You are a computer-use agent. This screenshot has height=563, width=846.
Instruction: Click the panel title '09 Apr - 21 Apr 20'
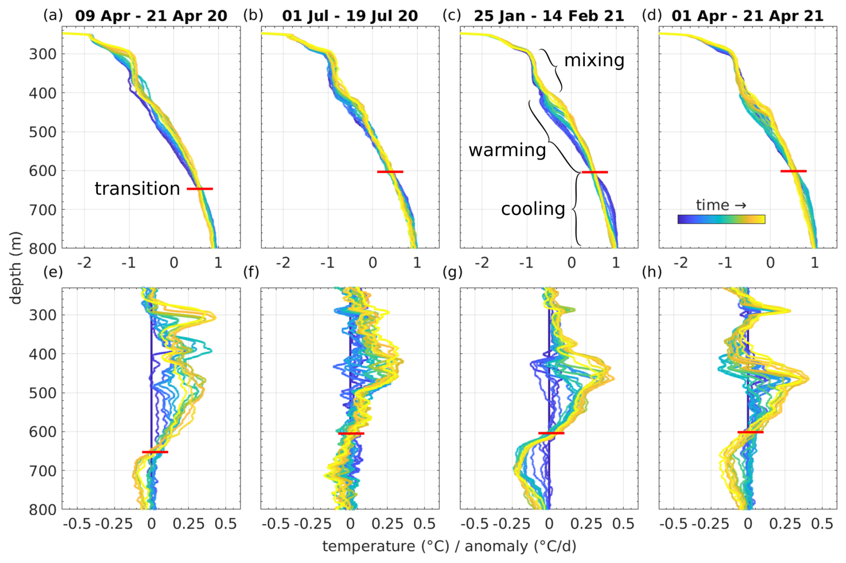pyautogui.click(x=151, y=16)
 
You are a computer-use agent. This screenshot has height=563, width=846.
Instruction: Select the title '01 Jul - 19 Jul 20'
pyautogui.click(x=350, y=16)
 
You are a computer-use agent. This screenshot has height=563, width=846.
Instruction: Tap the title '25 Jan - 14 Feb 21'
pyautogui.click(x=549, y=16)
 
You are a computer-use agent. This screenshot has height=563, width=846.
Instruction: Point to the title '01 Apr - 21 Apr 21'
pyautogui.click(x=747, y=16)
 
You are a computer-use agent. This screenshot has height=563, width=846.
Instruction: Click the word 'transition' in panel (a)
pyautogui.click(x=137, y=189)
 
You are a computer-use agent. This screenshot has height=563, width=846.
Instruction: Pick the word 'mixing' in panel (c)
pyautogui.click(x=594, y=60)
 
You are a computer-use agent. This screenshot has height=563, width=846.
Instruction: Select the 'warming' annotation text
pyautogui.click(x=507, y=150)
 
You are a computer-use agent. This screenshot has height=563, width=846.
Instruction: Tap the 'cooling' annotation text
pyautogui.click(x=533, y=209)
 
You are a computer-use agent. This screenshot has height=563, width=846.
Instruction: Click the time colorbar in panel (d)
pyautogui.click(x=721, y=219)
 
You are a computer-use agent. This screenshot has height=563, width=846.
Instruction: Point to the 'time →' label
pyautogui.click(x=721, y=205)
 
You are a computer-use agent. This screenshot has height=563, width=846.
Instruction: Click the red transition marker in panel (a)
pyautogui.click(x=200, y=189)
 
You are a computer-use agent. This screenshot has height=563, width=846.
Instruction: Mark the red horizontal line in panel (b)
pyautogui.click(x=390, y=172)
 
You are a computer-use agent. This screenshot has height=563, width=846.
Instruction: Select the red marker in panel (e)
pyautogui.click(x=155, y=452)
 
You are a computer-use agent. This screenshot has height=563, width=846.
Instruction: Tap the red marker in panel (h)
pyautogui.click(x=750, y=432)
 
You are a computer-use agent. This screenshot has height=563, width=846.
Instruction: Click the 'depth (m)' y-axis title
pyautogui.click(x=16, y=268)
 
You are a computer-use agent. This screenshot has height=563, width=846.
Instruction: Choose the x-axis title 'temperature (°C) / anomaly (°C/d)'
pyautogui.click(x=449, y=546)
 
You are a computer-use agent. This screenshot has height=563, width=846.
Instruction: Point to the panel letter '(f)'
pyautogui.click(x=251, y=272)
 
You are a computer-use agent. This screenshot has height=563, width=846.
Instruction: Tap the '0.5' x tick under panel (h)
pyautogui.click(x=822, y=524)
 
